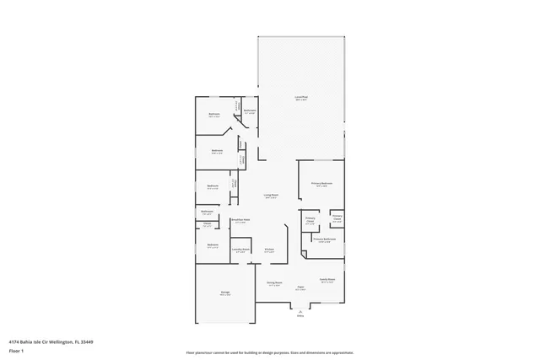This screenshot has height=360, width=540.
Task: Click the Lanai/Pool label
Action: (x=300, y=97)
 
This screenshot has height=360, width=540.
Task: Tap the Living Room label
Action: (x=270, y=196)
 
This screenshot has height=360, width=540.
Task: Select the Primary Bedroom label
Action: (x=321, y=183)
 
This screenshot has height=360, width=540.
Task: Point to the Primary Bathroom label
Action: (x=326, y=239)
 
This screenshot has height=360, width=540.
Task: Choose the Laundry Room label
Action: (x=240, y=249)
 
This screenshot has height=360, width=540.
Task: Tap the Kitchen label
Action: (x=269, y=250)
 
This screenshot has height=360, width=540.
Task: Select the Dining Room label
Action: (x=274, y=283)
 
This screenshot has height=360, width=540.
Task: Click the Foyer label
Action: (x=300, y=287)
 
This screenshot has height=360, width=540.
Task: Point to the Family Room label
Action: (x=327, y=280)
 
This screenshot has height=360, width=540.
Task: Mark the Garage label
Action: (x=225, y=293)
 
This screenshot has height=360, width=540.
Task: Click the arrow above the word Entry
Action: (x=300, y=311)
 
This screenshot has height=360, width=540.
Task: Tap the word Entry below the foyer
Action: (x=300, y=316)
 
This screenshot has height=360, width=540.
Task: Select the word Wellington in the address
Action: (x=59, y=341)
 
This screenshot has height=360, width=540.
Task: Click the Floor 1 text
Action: (x=17, y=350)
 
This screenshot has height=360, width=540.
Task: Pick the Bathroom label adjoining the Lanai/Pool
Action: (x=250, y=111)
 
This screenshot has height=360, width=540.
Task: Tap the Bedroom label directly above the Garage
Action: (x=213, y=245)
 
